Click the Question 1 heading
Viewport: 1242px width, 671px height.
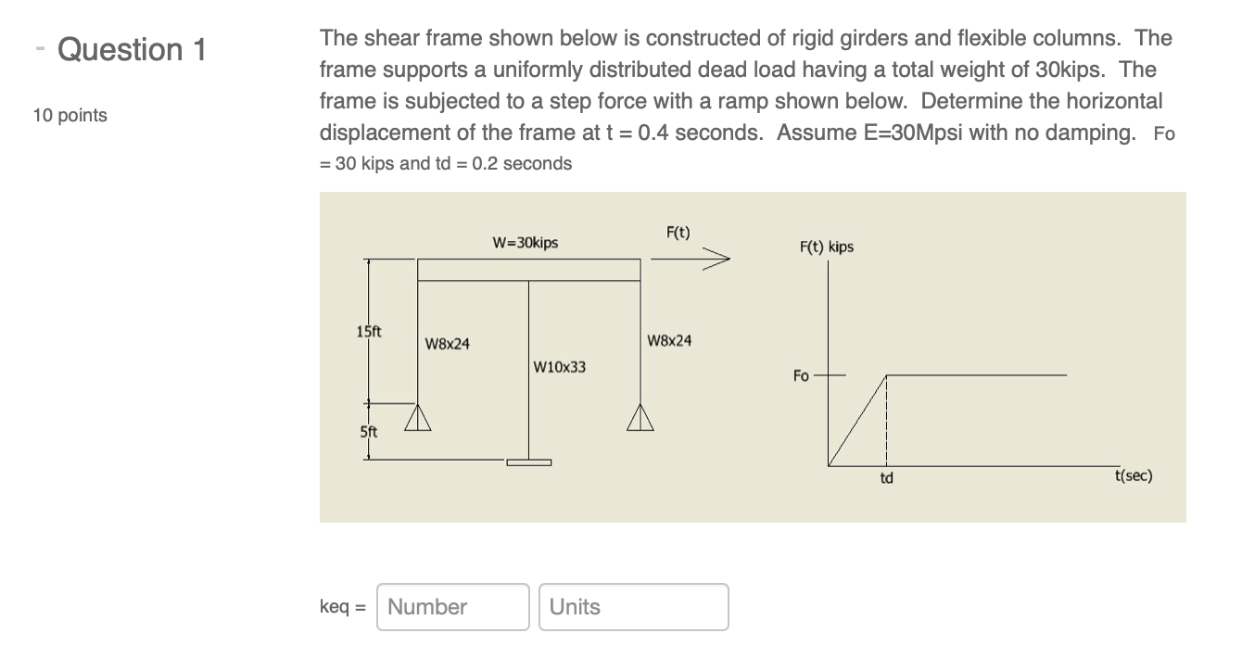[x=131, y=49]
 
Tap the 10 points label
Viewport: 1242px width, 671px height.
[x=70, y=116]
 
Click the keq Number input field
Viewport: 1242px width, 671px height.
[x=453, y=607]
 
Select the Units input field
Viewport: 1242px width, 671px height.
[x=633, y=607]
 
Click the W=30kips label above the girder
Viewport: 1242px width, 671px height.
[x=526, y=243]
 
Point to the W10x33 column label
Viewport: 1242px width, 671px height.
[x=560, y=367]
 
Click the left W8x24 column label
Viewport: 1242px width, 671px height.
[x=447, y=344]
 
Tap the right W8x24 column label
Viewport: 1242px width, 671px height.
[x=668, y=340]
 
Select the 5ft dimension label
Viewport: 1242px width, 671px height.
[x=368, y=431]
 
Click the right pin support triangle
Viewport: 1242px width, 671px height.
[x=640, y=420]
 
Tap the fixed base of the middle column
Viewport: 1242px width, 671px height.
[x=528, y=462]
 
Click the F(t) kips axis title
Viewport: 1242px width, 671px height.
[x=826, y=247]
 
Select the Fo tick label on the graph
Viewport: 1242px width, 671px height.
[x=801, y=375]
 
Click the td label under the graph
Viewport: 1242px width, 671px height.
[x=886, y=479]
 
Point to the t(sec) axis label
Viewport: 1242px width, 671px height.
[x=1134, y=475]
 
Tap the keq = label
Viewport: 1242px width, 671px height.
[x=343, y=607]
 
